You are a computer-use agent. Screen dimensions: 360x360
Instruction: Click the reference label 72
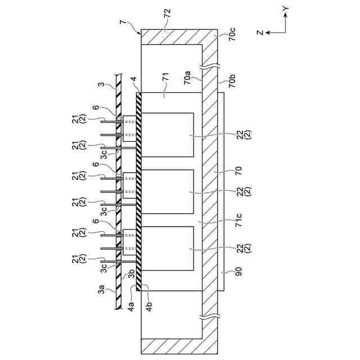[x=167, y=12]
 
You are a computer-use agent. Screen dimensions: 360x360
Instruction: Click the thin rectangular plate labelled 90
[x=221, y=191]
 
